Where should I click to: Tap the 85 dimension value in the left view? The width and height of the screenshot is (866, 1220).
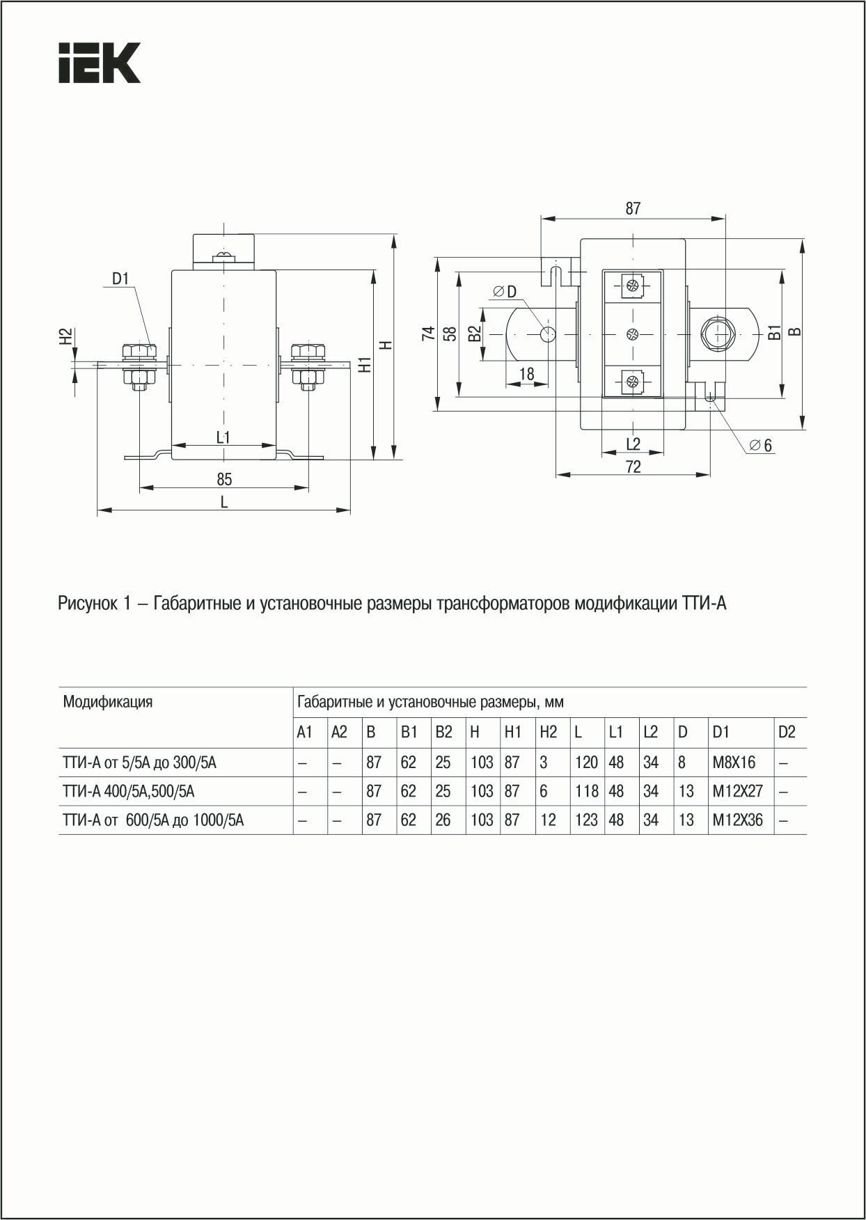pos(223,479)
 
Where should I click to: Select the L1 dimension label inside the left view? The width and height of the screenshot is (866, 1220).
pos(223,437)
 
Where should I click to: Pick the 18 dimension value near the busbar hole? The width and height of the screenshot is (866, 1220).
pos(526,375)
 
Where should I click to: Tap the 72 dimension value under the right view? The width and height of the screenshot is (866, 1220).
pos(632,467)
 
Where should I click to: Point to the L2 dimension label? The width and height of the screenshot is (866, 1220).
pos(632,444)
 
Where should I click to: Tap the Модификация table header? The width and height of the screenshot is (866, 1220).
pos(108,701)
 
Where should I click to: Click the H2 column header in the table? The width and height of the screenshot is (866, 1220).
pos(548,733)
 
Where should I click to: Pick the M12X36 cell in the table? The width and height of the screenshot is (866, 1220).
pos(737,820)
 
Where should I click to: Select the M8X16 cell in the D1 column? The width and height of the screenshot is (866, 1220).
pos(734,762)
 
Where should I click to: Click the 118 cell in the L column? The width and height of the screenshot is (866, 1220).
pos(586,792)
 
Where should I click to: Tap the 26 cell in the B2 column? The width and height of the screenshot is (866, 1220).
pos(443,820)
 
